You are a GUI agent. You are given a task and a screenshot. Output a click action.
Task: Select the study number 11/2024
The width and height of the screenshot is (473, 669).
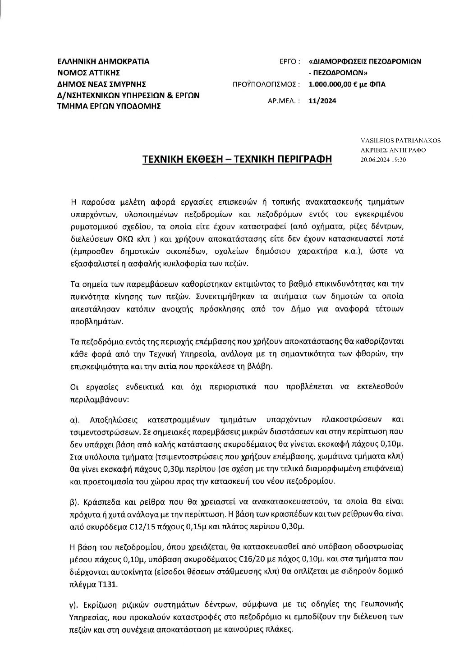click(x=322, y=101)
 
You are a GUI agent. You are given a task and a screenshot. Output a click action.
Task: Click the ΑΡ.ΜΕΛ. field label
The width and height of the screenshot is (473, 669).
click(x=284, y=101)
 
